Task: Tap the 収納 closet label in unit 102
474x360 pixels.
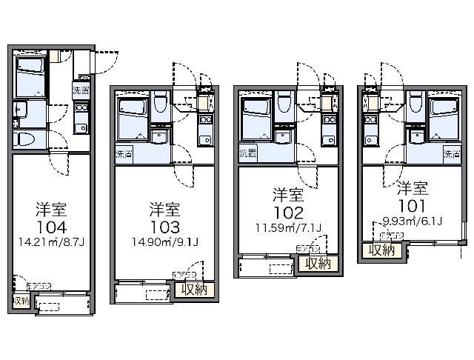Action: click(x=315, y=264)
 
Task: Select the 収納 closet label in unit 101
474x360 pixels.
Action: click(x=381, y=250)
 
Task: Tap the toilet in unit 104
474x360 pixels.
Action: click(x=25, y=139)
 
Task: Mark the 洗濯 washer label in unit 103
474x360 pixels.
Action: click(x=124, y=156)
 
